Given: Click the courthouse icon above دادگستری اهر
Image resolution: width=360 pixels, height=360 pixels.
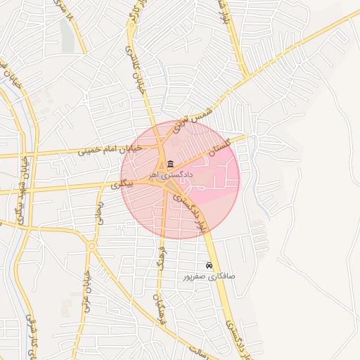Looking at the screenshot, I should pyautogui.click(x=172, y=164).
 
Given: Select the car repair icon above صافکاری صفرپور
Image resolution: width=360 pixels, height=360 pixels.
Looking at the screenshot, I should pyautogui.click(x=210, y=266).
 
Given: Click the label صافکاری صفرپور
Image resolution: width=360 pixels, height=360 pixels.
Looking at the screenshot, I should pyautogui.click(x=210, y=276).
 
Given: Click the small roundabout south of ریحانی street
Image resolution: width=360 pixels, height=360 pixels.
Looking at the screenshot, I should pyautogui.click(x=91, y=246).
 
